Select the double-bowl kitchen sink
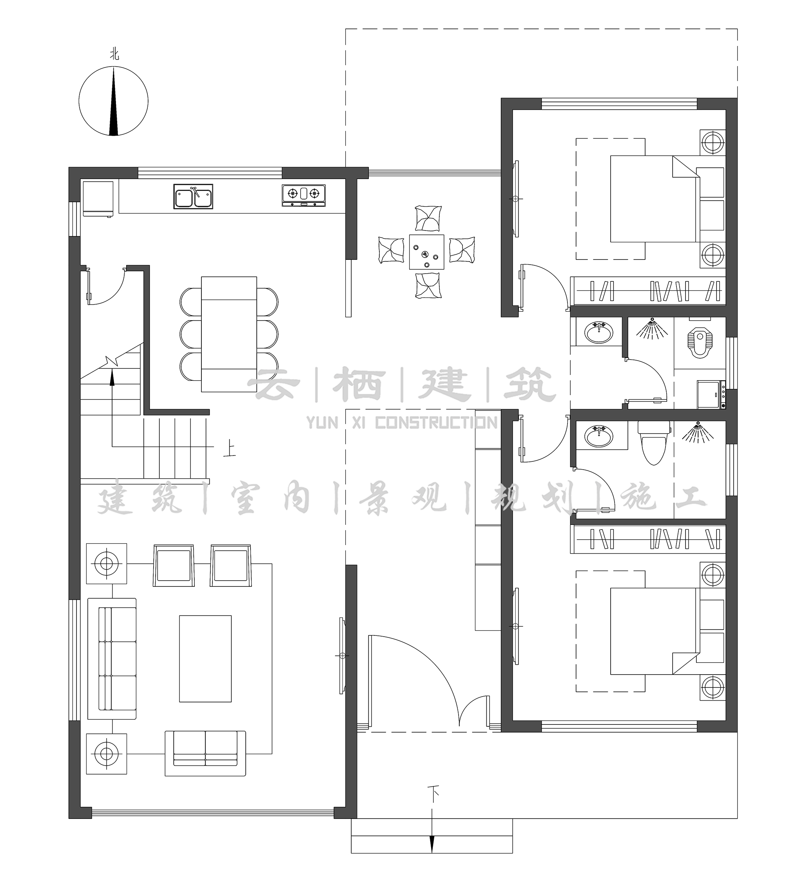[x=193, y=196]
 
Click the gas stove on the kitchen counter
[x=304, y=195]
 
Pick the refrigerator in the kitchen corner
[x=98, y=199]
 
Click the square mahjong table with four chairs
[x=426, y=252]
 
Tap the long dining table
[x=229, y=334]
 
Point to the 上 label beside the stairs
[x=229, y=450]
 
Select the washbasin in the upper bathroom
[x=598, y=333]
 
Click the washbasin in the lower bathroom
[x=598, y=436]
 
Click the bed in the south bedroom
[x=653, y=631]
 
